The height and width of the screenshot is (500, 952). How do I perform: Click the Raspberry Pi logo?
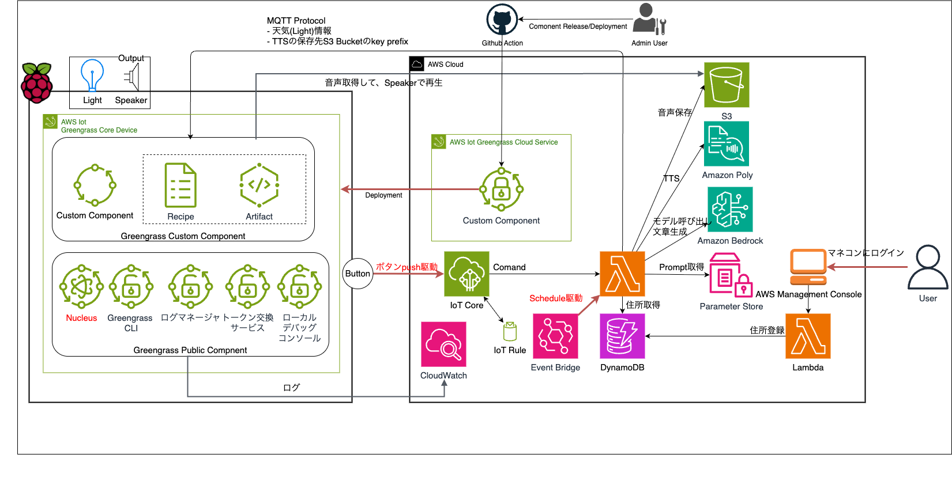pos(37,83)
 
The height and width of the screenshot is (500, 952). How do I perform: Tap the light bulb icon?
pos(92,75)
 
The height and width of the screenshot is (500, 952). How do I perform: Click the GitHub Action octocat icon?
pos(502,20)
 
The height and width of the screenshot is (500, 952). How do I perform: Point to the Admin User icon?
pos(649,20)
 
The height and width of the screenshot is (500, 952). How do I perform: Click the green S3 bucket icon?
pos(727,85)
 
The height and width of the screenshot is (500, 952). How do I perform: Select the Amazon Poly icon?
pos(727,144)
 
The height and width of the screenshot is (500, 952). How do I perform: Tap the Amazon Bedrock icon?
pos(730,210)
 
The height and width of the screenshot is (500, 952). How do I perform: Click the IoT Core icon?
pos(466,274)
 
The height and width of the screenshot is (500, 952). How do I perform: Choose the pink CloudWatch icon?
pos(443,344)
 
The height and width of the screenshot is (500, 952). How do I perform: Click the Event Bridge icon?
pos(555,336)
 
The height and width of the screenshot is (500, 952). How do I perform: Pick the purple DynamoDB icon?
pos(622,336)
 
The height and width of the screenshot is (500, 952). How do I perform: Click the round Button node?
pos(358,274)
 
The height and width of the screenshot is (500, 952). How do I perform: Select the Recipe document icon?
pos(180,185)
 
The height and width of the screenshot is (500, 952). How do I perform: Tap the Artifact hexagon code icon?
pos(259,185)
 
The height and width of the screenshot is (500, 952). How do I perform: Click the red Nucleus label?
pos(81,318)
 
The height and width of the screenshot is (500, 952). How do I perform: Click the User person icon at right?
pos(927,267)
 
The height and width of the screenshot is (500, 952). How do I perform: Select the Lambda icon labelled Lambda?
pos(808,336)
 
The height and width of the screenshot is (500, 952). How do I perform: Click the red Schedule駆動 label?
pos(556,298)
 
